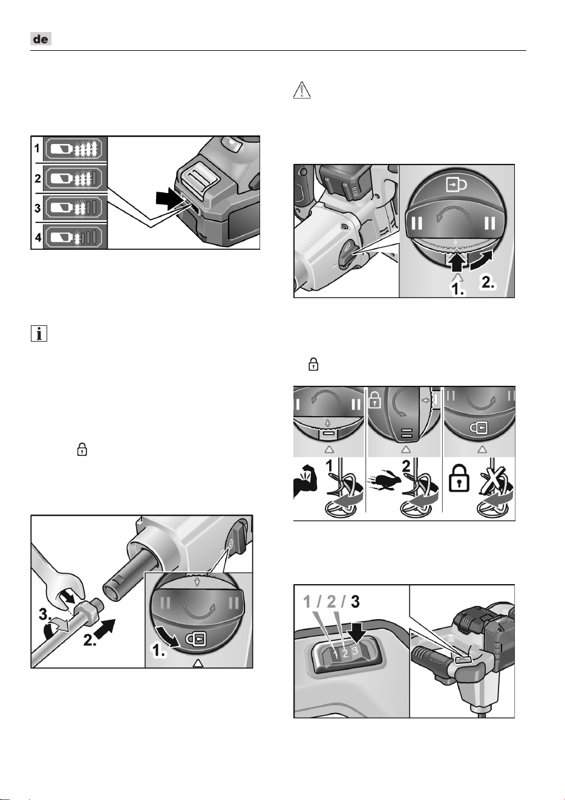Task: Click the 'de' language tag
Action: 41,39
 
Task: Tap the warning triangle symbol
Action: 302,89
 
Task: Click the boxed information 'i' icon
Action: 39,334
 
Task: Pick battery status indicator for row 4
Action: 75,237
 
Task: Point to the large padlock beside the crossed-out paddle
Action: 459,478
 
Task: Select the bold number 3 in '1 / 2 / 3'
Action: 355,602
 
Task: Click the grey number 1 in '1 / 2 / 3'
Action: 307,602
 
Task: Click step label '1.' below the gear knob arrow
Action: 459,290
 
